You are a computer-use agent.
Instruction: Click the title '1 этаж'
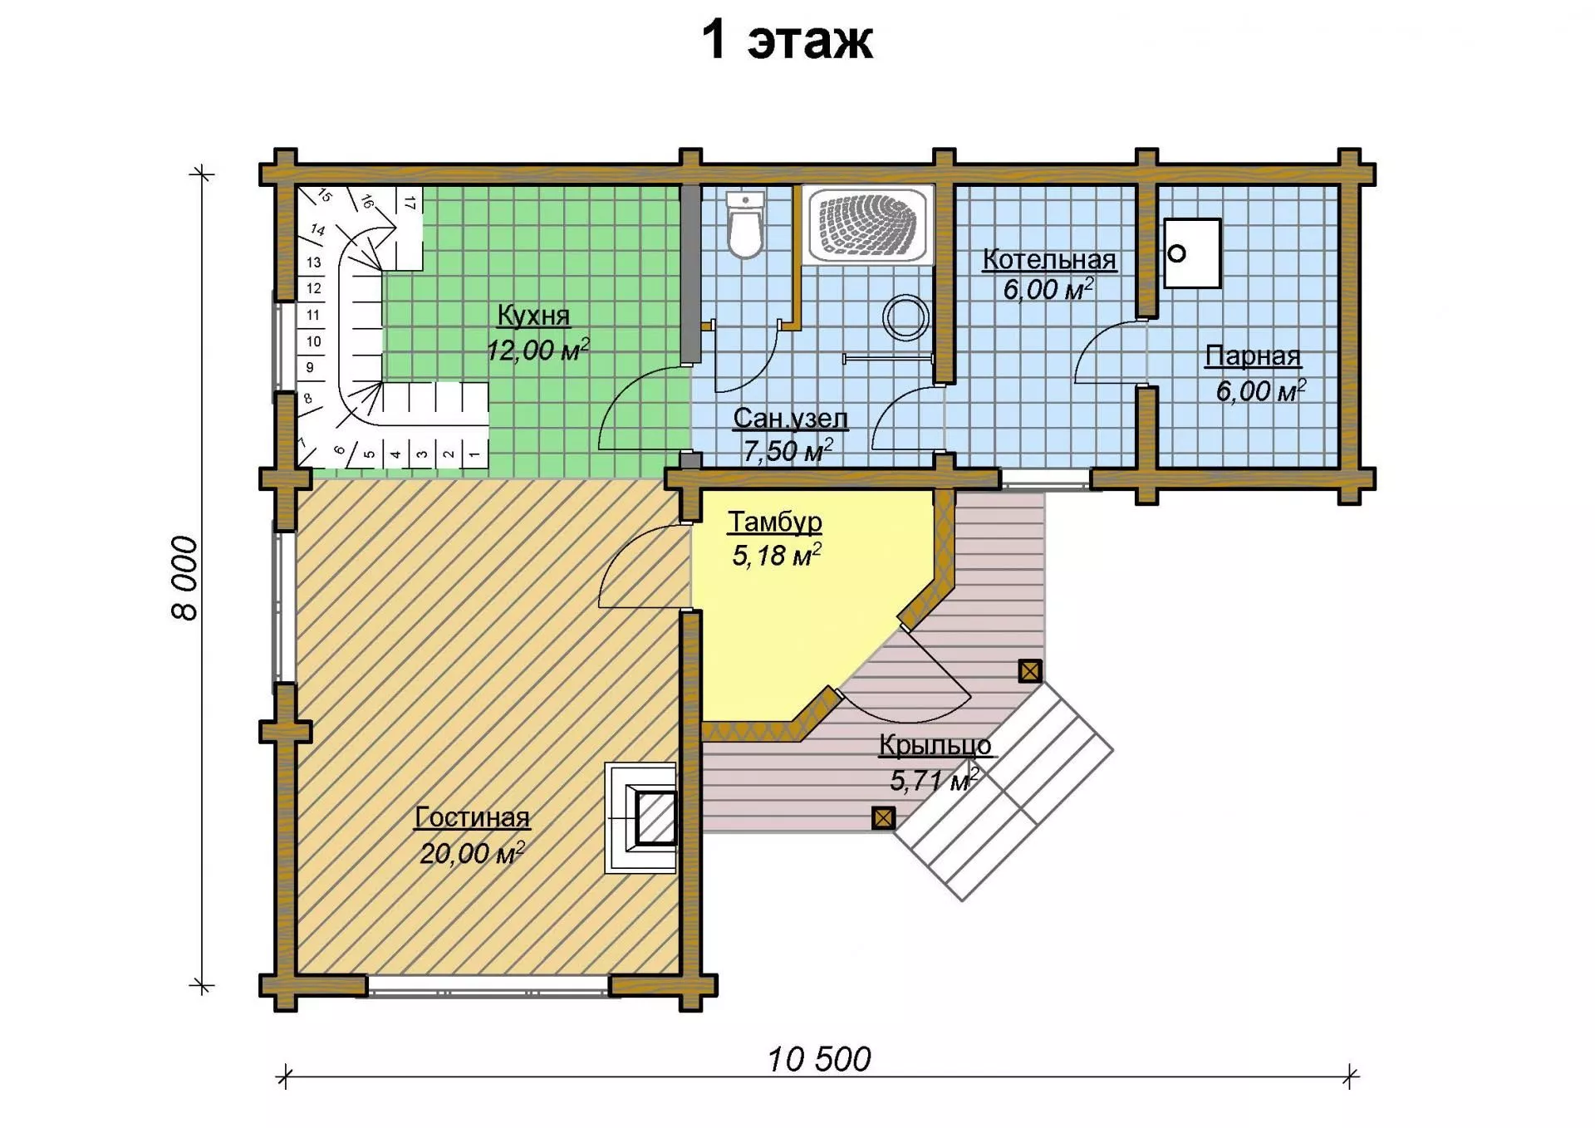(x=788, y=40)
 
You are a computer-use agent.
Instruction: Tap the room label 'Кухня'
(x=533, y=316)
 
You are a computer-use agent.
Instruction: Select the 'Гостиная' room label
(x=472, y=817)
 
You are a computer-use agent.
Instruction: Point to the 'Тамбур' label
(x=775, y=522)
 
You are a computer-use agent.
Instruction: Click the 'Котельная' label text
(x=1049, y=259)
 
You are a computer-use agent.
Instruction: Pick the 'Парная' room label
(x=1253, y=356)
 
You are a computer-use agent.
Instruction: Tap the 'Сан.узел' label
(x=790, y=418)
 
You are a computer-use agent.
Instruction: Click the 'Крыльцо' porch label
(x=935, y=746)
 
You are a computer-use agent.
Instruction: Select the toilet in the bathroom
(x=745, y=225)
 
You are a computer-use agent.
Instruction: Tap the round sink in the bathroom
(x=905, y=317)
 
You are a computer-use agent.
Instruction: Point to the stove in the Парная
(x=1192, y=253)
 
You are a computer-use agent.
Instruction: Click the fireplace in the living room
(x=640, y=817)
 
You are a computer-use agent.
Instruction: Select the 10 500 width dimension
(x=819, y=1060)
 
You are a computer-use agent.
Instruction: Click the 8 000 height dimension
(x=185, y=579)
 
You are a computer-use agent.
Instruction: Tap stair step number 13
(x=313, y=262)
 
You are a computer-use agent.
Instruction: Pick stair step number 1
(x=474, y=454)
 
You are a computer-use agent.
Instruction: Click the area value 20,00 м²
(x=472, y=853)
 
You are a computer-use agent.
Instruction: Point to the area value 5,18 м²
(x=777, y=554)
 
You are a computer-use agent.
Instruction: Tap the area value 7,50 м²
(x=788, y=451)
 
